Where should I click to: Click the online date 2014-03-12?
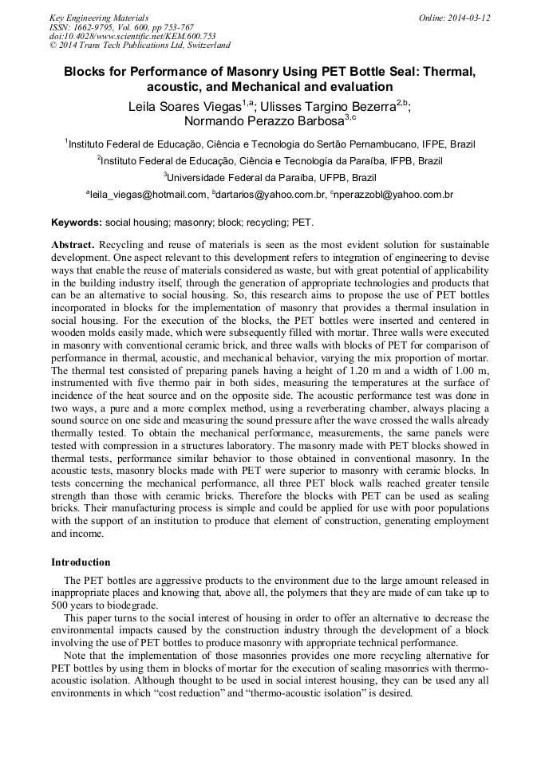pos(465,17)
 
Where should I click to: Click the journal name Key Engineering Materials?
pos(99,17)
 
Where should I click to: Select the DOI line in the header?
pos(132,36)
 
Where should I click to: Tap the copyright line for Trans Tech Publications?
pos(140,45)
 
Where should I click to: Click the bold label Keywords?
pos(77,223)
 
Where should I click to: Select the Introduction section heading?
pos(81,562)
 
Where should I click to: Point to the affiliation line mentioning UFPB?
pos(270,177)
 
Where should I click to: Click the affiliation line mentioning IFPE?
pos(270,144)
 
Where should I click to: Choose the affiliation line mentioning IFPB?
pos(270,160)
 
